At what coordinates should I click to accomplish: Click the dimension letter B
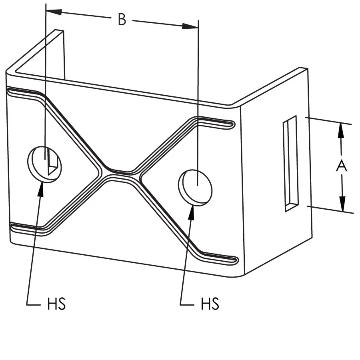pos(122,19)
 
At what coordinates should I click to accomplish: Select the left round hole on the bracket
pos(45,164)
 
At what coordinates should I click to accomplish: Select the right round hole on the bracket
pos(195,188)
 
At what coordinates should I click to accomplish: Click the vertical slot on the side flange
pos(291,164)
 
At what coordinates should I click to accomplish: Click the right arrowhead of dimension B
pos(190,26)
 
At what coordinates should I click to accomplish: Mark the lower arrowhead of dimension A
pos(342,204)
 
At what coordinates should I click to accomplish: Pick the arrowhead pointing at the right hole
pos(191,213)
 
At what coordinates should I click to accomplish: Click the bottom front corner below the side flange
pos(243,275)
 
